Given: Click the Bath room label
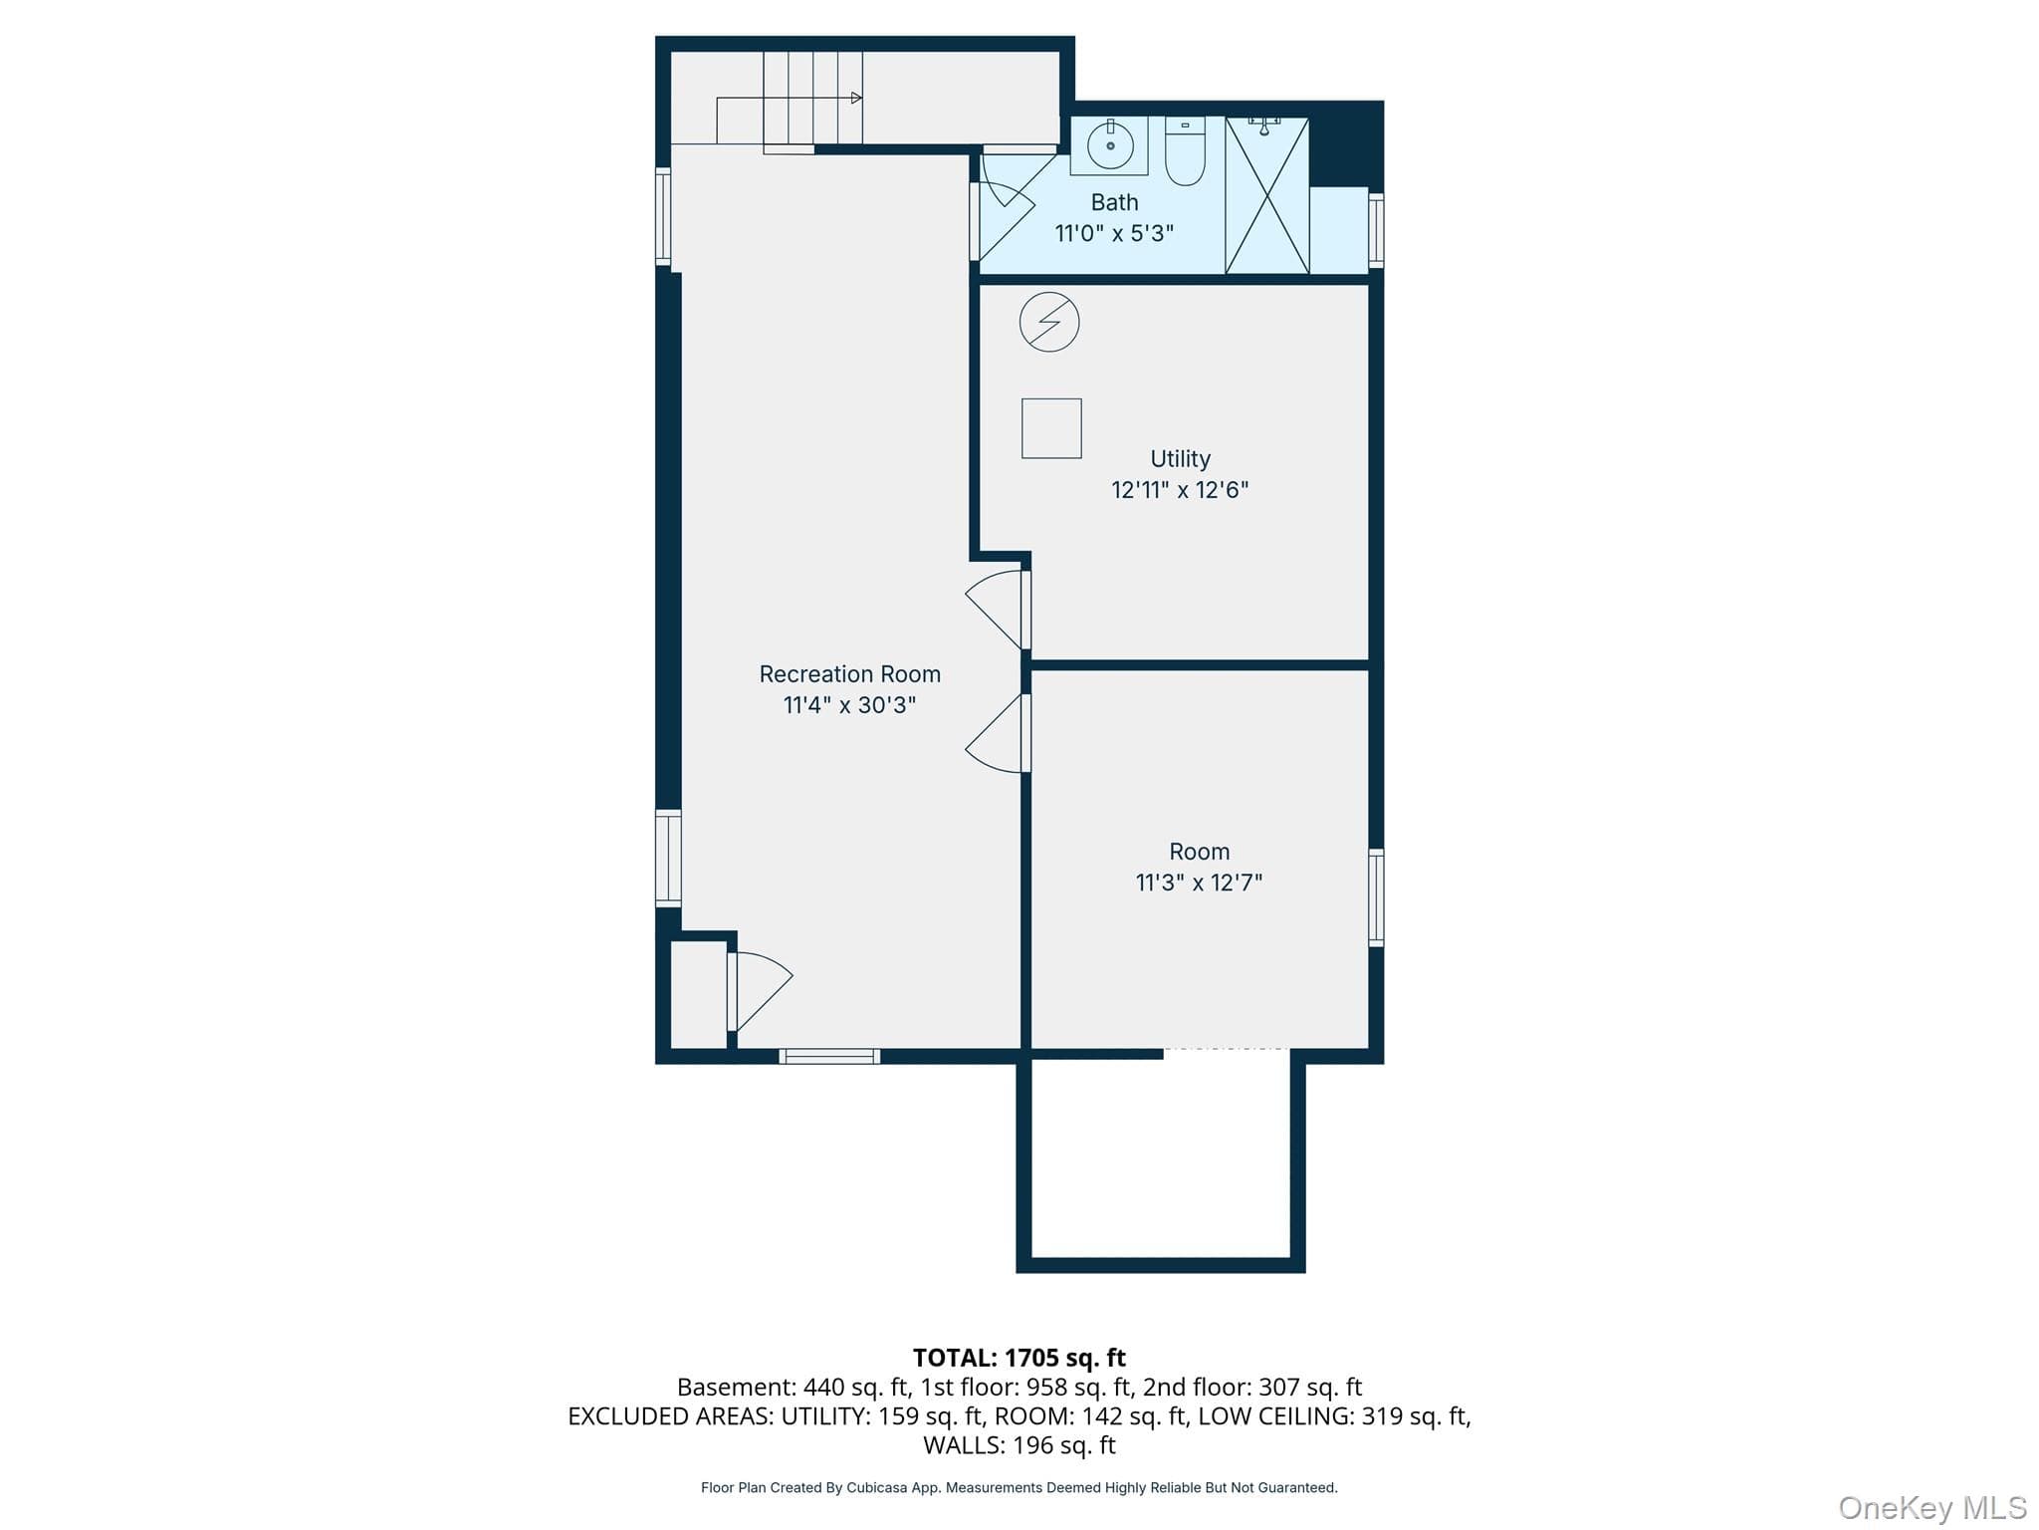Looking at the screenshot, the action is pyautogui.click(x=1114, y=202).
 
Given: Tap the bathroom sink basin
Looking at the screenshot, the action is pyautogui.click(x=1109, y=145).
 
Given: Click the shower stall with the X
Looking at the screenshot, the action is pyautogui.click(x=1266, y=195).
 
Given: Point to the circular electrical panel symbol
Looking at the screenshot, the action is pyautogui.click(x=1049, y=322).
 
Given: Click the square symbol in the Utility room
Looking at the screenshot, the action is pyautogui.click(x=1051, y=428).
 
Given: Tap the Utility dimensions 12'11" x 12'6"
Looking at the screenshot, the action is pyautogui.click(x=1180, y=490).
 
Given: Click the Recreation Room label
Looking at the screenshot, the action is pyautogui.click(x=849, y=674).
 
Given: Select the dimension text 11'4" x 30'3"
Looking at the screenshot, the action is pyautogui.click(x=849, y=705).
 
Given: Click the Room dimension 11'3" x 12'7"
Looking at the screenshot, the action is pyautogui.click(x=1199, y=883).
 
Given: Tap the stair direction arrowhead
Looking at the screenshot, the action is pyautogui.click(x=856, y=98).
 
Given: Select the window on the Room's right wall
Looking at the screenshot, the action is pyautogui.click(x=1376, y=897).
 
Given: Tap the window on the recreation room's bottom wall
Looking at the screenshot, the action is pyautogui.click(x=829, y=1056).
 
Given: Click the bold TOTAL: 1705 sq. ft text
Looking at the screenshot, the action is pyautogui.click(x=1019, y=1358).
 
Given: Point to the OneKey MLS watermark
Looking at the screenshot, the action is pyautogui.click(x=1932, y=1508).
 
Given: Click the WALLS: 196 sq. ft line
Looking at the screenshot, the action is pyautogui.click(x=1019, y=1445).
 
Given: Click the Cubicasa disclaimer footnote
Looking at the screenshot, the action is pyautogui.click(x=1019, y=1488).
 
